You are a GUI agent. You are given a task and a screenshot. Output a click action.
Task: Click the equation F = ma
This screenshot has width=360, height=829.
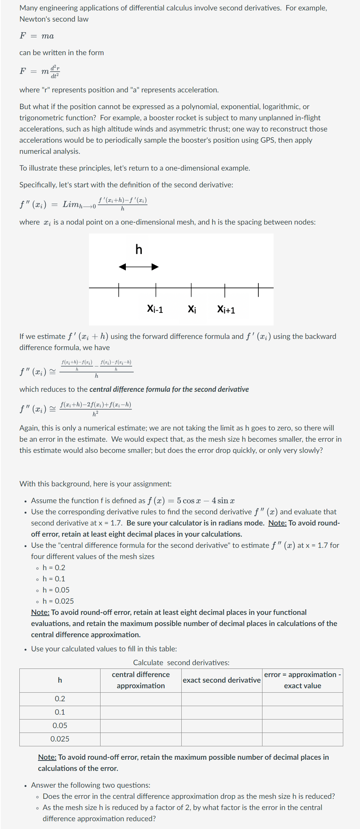(36, 36)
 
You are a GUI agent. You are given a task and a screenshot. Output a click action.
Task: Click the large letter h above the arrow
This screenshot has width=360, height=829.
(139, 249)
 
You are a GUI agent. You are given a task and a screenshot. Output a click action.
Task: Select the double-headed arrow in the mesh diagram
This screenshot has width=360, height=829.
(138, 267)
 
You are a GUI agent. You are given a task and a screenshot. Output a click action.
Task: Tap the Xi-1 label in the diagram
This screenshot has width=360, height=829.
(155, 309)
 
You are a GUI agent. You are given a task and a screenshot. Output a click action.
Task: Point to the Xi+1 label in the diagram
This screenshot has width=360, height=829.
(226, 309)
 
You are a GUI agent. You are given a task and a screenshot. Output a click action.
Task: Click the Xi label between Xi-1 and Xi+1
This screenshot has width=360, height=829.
(192, 309)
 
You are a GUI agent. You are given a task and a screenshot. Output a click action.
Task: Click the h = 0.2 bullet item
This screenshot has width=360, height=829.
(54, 568)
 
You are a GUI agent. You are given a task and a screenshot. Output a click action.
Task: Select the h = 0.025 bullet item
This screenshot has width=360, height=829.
(58, 601)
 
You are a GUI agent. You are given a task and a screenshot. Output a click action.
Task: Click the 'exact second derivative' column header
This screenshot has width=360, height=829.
(222, 680)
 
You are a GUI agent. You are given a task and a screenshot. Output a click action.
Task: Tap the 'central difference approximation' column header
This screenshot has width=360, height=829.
(141, 680)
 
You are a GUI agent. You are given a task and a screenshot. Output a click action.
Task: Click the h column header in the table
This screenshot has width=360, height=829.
(60, 680)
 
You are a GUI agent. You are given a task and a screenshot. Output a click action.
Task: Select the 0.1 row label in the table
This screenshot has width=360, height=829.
(60, 712)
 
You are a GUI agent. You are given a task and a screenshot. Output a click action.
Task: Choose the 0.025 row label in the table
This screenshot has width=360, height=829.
(60, 739)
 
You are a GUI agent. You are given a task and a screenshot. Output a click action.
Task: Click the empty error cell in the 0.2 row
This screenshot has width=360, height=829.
(302, 699)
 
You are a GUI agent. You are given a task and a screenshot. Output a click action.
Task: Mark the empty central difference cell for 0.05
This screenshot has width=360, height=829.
(141, 725)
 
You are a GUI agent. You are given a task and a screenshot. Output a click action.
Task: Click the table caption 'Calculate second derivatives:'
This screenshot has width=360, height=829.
(181, 663)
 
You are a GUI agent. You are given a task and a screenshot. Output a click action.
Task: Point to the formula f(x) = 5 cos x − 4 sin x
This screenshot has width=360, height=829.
(191, 501)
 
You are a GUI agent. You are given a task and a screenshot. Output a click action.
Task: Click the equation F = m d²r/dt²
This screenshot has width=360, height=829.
(39, 71)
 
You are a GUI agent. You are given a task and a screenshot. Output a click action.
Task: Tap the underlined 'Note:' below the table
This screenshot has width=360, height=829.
(47, 757)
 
